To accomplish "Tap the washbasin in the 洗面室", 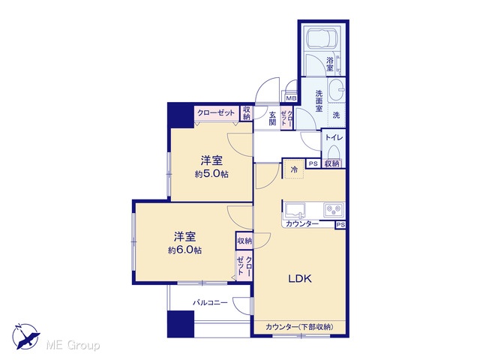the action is pyautogui.click(x=337, y=90).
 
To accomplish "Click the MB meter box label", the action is pyautogui.click(x=291, y=98).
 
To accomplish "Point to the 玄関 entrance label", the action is pyautogui.click(x=272, y=118).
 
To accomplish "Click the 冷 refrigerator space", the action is pyautogui.click(x=294, y=169).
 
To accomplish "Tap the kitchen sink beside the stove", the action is pyautogui.click(x=295, y=210).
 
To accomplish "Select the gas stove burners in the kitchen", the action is pyautogui.click(x=334, y=210).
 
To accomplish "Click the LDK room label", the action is pyautogui.click(x=300, y=278).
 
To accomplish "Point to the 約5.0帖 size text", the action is pyautogui.click(x=211, y=174).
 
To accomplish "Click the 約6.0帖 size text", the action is pyautogui.click(x=184, y=250).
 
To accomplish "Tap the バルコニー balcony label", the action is pyautogui.click(x=210, y=303).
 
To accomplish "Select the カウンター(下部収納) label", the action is pyautogui.click(x=300, y=327).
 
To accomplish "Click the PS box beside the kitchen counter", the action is pyautogui.click(x=340, y=225).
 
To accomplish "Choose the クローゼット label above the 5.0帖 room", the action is pyautogui.click(x=216, y=113).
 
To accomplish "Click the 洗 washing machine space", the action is pyautogui.click(x=337, y=115).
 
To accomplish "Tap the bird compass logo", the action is pyautogui.click(x=25, y=337).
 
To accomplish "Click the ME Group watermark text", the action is pyautogui.click(x=73, y=346).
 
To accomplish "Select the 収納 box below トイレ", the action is pyautogui.click(x=331, y=163).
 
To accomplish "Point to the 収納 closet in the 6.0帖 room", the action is pyautogui.click(x=244, y=241).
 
